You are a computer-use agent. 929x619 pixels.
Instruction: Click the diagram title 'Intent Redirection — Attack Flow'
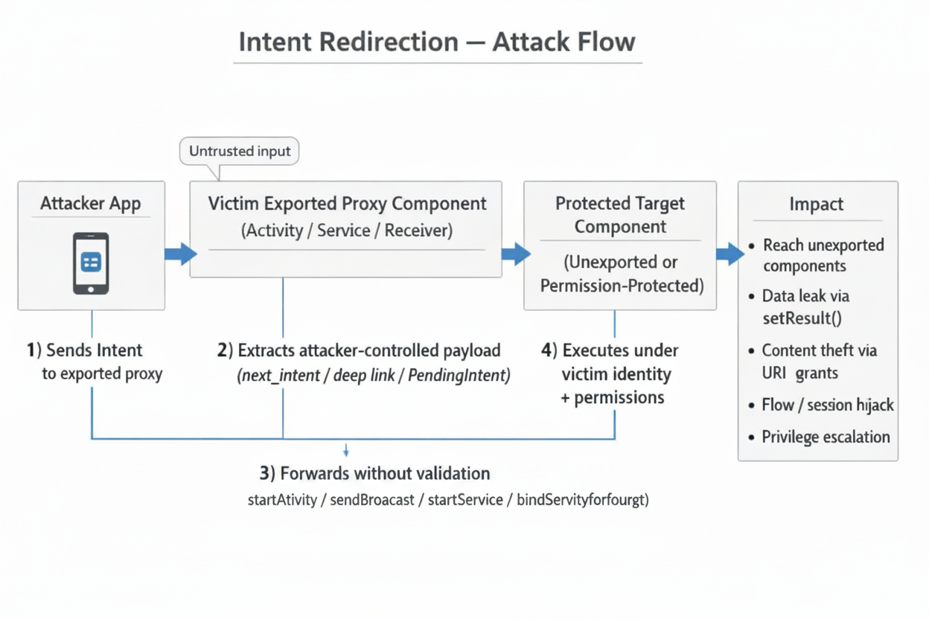(437, 41)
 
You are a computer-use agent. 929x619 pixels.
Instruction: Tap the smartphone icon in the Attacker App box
(91, 263)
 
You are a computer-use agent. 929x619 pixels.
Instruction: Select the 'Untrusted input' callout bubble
(239, 151)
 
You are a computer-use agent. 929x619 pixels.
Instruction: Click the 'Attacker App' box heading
(91, 204)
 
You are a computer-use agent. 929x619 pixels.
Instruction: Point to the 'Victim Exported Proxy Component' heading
(347, 203)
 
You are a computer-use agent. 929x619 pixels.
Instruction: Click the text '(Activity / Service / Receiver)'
(347, 231)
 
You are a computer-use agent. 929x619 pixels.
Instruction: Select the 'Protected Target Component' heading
(620, 214)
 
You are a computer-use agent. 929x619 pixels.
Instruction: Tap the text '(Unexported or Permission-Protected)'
(621, 274)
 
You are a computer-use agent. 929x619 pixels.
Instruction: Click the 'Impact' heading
(817, 204)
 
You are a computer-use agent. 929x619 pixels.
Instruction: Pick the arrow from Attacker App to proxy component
(179, 254)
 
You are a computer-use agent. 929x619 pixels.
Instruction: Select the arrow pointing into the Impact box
(730, 254)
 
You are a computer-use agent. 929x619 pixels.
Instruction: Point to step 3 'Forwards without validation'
(374, 473)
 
